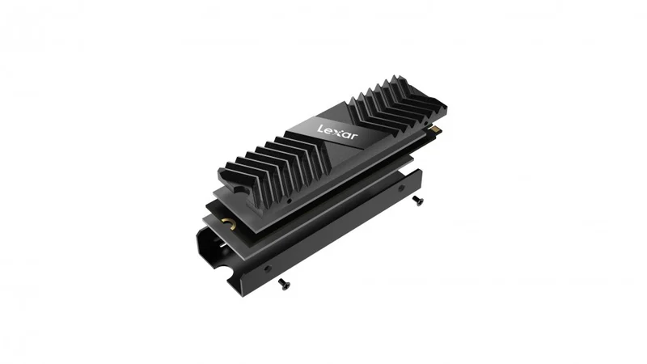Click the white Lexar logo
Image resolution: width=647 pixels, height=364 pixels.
pos(338,132)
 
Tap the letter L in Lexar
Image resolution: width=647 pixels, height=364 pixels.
pos(321,129)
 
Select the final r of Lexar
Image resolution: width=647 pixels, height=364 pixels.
pos(355,137)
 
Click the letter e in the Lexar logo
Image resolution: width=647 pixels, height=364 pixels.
pos(330,131)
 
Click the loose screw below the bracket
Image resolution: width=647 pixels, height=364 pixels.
pos(284,284)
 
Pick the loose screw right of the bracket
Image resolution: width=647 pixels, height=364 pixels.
pos(417,201)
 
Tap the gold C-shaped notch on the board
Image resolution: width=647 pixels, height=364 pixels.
pos(230,224)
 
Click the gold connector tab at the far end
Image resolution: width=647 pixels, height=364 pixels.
pos(436,129)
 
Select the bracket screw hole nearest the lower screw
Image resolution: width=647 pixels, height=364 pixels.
pos(268,269)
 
